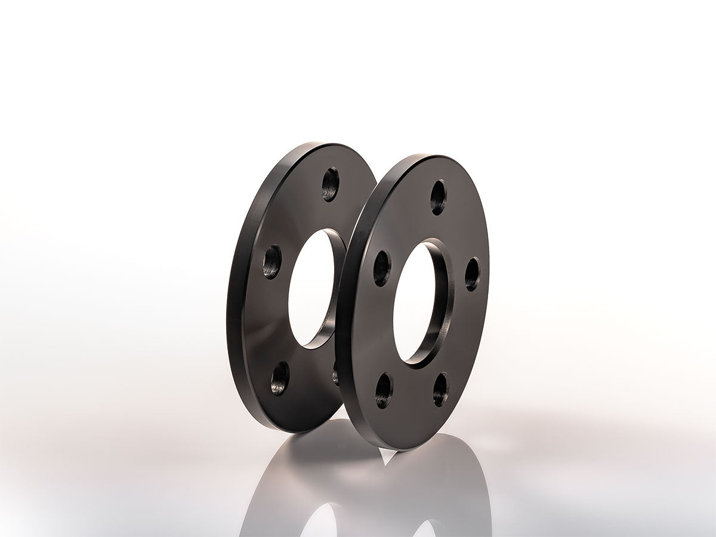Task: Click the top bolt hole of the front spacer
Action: pos(439,197)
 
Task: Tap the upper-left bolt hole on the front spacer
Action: pos(382,268)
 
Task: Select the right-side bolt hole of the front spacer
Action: pos(472,274)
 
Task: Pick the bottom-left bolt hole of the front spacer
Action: pos(384,390)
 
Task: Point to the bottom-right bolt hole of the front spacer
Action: pos(440,389)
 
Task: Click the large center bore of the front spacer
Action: pos(414,301)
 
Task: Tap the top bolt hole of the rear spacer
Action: pos(330,184)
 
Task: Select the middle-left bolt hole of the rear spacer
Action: pos(272,261)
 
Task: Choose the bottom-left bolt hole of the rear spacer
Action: pos(280,378)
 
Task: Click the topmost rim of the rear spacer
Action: pos(322,144)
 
